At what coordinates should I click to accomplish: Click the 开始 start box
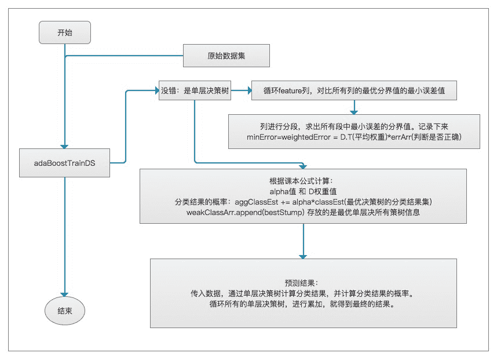[x=65, y=32]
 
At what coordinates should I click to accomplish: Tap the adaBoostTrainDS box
[x=64, y=163]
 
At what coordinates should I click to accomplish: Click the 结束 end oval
[x=64, y=312]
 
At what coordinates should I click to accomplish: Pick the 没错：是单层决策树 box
[x=195, y=91]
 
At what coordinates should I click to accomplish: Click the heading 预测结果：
[x=303, y=282]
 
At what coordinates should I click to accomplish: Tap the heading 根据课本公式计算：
[x=303, y=180]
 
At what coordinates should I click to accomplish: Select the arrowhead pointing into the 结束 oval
[x=65, y=294]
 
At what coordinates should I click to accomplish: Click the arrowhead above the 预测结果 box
[x=303, y=254]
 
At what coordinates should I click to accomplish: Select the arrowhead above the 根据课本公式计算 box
[x=303, y=165]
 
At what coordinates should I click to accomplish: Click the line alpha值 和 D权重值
[x=303, y=191]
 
